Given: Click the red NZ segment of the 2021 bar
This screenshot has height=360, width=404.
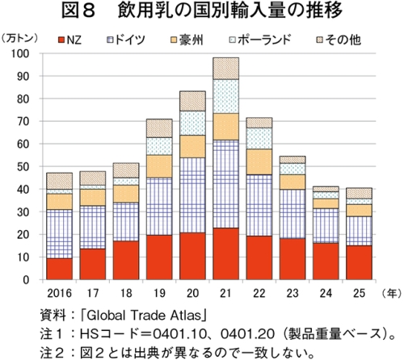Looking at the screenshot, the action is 225,253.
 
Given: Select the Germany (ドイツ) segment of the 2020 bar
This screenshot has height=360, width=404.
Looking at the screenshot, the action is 192,195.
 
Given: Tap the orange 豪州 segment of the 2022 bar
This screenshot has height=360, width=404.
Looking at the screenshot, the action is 259,162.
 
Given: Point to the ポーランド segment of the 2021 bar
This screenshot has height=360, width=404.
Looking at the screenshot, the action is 225,96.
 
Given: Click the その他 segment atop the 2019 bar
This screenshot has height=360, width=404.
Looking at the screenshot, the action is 159,128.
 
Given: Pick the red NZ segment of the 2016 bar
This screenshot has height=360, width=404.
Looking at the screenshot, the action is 59,269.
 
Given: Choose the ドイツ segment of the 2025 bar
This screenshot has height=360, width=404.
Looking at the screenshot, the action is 359,231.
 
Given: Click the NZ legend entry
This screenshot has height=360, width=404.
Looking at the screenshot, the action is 70,40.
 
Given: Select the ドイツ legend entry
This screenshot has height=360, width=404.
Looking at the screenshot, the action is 126,40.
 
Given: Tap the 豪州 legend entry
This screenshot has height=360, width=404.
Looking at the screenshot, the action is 187,40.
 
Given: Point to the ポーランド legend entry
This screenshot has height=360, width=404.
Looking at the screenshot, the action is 260,40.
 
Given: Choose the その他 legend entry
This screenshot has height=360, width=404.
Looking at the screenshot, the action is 339,40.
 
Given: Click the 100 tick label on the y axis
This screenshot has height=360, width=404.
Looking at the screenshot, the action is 20,53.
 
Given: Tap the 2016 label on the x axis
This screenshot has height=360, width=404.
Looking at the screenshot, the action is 59,293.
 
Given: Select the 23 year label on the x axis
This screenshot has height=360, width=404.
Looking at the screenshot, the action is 292,293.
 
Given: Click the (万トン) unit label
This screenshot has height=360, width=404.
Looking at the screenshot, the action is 19,39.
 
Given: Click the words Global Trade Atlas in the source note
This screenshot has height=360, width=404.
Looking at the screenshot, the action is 144,316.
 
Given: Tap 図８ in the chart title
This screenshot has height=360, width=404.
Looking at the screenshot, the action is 78,10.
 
